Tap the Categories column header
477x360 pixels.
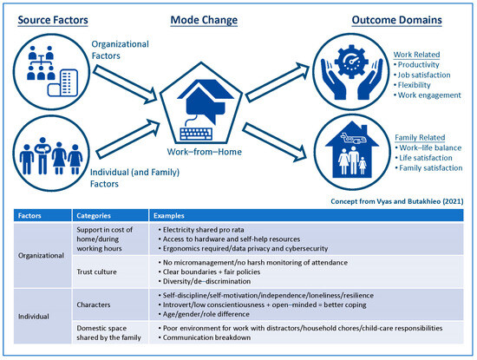coord(95,214)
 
